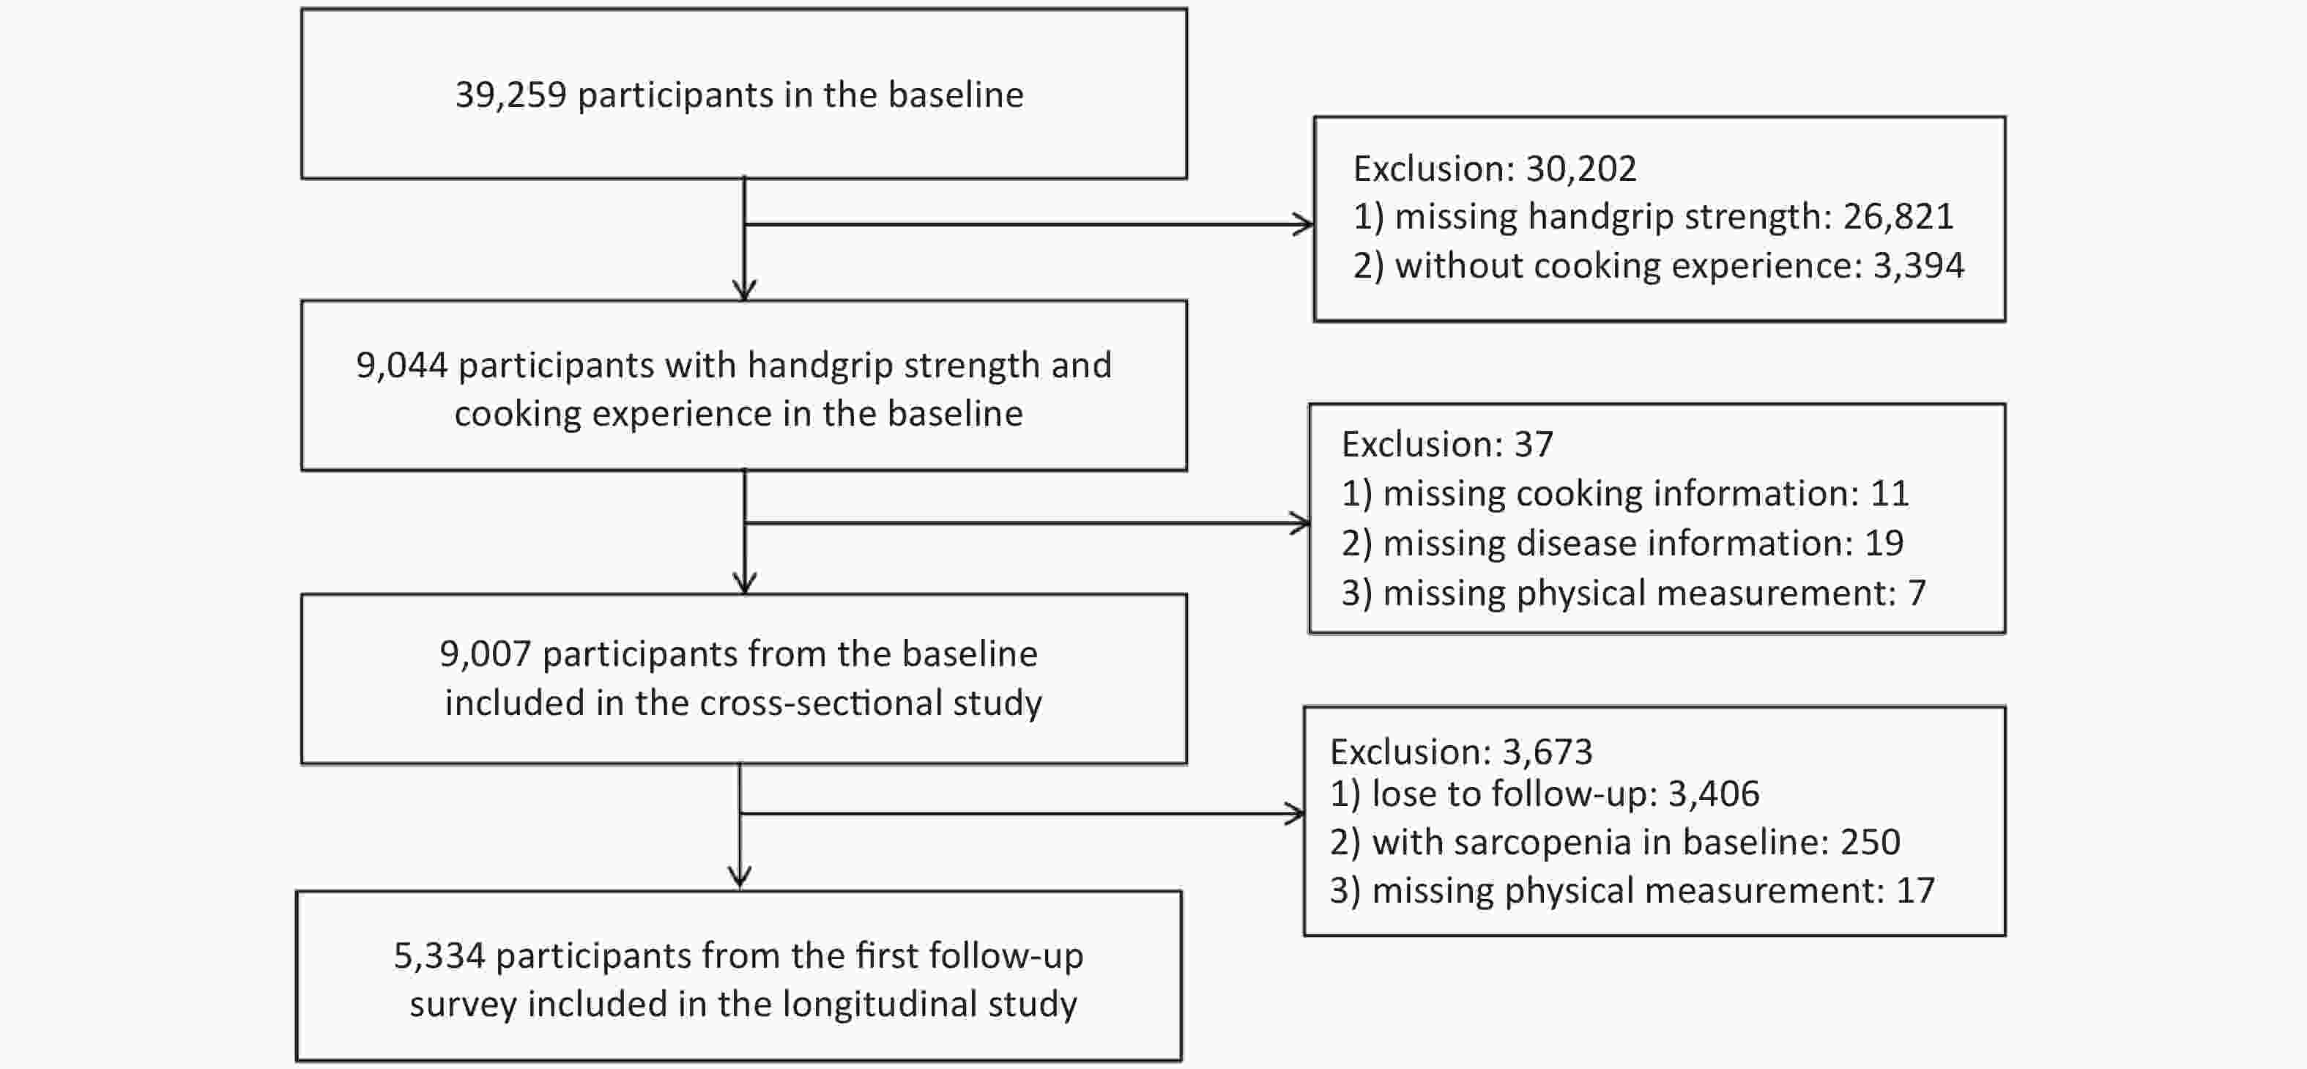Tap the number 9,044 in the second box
point(401,366)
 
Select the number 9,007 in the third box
point(486,654)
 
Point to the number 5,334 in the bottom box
point(439,956)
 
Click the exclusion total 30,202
point(1580,169)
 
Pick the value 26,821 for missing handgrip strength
point(1898,216)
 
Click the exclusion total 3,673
point(1548,752)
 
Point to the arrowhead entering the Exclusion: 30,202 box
point(1304,224)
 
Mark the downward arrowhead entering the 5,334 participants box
point(740,878)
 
